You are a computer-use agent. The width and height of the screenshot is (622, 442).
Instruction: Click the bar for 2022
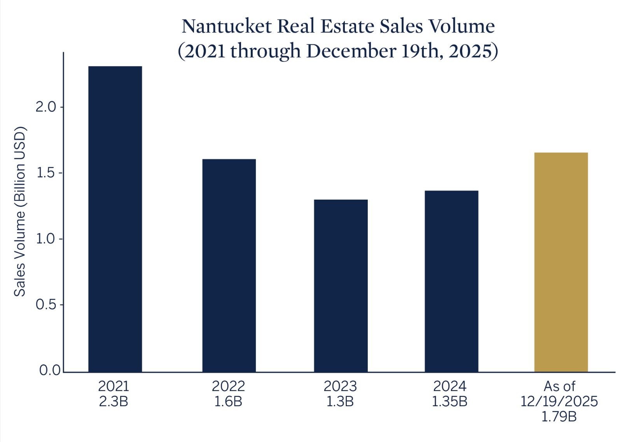click(229, 265)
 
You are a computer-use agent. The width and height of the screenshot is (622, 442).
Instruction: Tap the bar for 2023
click(341, 286)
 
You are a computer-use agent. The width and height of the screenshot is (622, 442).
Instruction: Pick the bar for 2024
click(451, 281)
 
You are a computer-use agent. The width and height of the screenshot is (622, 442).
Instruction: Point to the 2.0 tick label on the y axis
click(46, 107)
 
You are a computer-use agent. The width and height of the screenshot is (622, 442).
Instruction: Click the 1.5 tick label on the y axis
click(46, 173)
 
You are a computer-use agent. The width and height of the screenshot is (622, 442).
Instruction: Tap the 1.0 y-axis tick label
click(46, 239)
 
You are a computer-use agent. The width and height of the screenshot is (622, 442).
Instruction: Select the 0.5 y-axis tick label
click(46, 305)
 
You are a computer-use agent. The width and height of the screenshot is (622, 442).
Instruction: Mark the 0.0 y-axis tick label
click(50, 370)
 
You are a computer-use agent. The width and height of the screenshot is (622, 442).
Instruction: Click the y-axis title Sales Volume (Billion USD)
click(19, 211)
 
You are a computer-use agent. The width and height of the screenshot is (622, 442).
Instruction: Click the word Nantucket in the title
click(226, 26)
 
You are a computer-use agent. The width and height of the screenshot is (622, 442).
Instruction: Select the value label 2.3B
click(114, 401)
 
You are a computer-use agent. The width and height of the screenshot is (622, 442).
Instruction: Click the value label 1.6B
click(228, 401)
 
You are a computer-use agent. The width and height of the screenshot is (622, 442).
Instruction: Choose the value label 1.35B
click(450, 401)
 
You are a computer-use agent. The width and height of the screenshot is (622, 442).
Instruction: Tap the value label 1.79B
click(559, 417)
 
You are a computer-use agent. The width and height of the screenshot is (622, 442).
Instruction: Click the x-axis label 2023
click(340, 386)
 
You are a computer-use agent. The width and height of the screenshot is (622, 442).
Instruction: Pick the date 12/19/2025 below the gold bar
click(559, 401)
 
